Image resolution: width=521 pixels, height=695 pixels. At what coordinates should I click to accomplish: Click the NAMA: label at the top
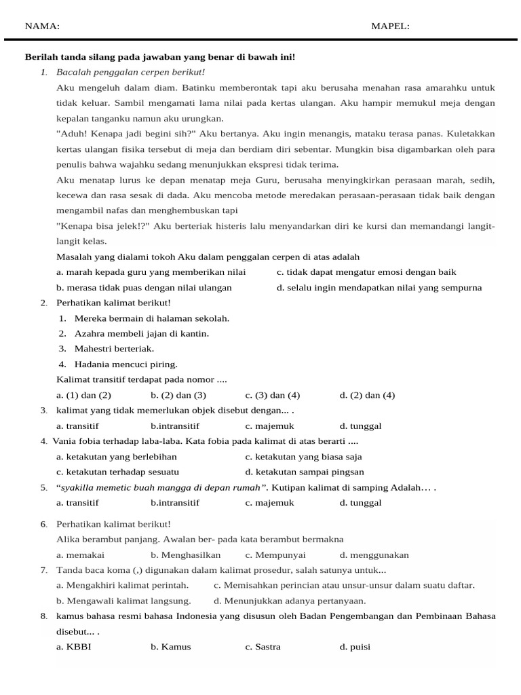(x=42, y=26)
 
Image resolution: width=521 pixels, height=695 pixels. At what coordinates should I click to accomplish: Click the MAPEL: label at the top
(x=390, y=26)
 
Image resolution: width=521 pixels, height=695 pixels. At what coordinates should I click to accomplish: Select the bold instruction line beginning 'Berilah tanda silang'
(x=160, y=57)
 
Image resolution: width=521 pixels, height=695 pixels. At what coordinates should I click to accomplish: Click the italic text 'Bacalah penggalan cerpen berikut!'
(x=130, y=72)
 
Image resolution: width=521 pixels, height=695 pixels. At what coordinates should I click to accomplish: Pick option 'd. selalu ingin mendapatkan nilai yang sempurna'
(x=379, y=287)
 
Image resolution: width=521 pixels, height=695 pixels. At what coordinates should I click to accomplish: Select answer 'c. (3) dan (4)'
(x=273, y=395)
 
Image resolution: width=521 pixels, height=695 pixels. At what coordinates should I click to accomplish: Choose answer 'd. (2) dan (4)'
(x=367, y=395)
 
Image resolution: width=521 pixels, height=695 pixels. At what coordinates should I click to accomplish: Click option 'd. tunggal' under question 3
(x=360, y=426)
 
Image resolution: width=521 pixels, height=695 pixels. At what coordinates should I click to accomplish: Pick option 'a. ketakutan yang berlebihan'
(x=117, y=456)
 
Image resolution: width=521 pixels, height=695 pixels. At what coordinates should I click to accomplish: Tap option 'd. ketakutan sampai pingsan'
(x=305, y=472)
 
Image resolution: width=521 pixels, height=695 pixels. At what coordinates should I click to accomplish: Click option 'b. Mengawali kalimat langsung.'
(x=123, y=600)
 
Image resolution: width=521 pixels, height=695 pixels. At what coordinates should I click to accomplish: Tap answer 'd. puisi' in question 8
(x=355, y=647)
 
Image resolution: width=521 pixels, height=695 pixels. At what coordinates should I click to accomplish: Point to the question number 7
(x=43, y=570)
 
